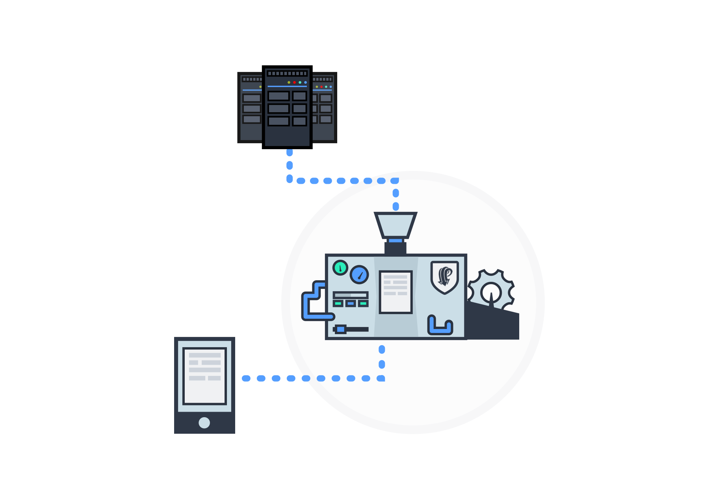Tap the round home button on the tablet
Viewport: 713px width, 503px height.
[204, 422]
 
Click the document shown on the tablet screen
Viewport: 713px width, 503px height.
[205, 376]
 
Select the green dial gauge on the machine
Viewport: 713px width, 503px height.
[340, 268]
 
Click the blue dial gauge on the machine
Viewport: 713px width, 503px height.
[359, 275]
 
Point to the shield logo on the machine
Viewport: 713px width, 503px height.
[445, 277]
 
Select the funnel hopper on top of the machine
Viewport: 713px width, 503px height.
[395, 225]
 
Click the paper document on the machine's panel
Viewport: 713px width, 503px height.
[395, 292]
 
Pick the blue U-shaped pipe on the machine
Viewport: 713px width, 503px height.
[440, 326]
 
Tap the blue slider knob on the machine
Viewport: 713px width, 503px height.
[341, 329]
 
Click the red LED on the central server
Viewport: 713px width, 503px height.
[294, 82]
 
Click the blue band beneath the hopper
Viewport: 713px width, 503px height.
[395, 240]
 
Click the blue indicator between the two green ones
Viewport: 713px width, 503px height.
[351, 303]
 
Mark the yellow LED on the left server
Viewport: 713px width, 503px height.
[260, 87]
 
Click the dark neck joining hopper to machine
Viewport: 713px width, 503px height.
[395, 248]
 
